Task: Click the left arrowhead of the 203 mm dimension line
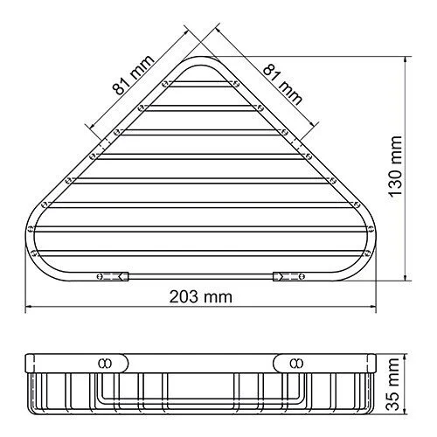coord(27,308)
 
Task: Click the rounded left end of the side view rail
coord(27,360)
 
